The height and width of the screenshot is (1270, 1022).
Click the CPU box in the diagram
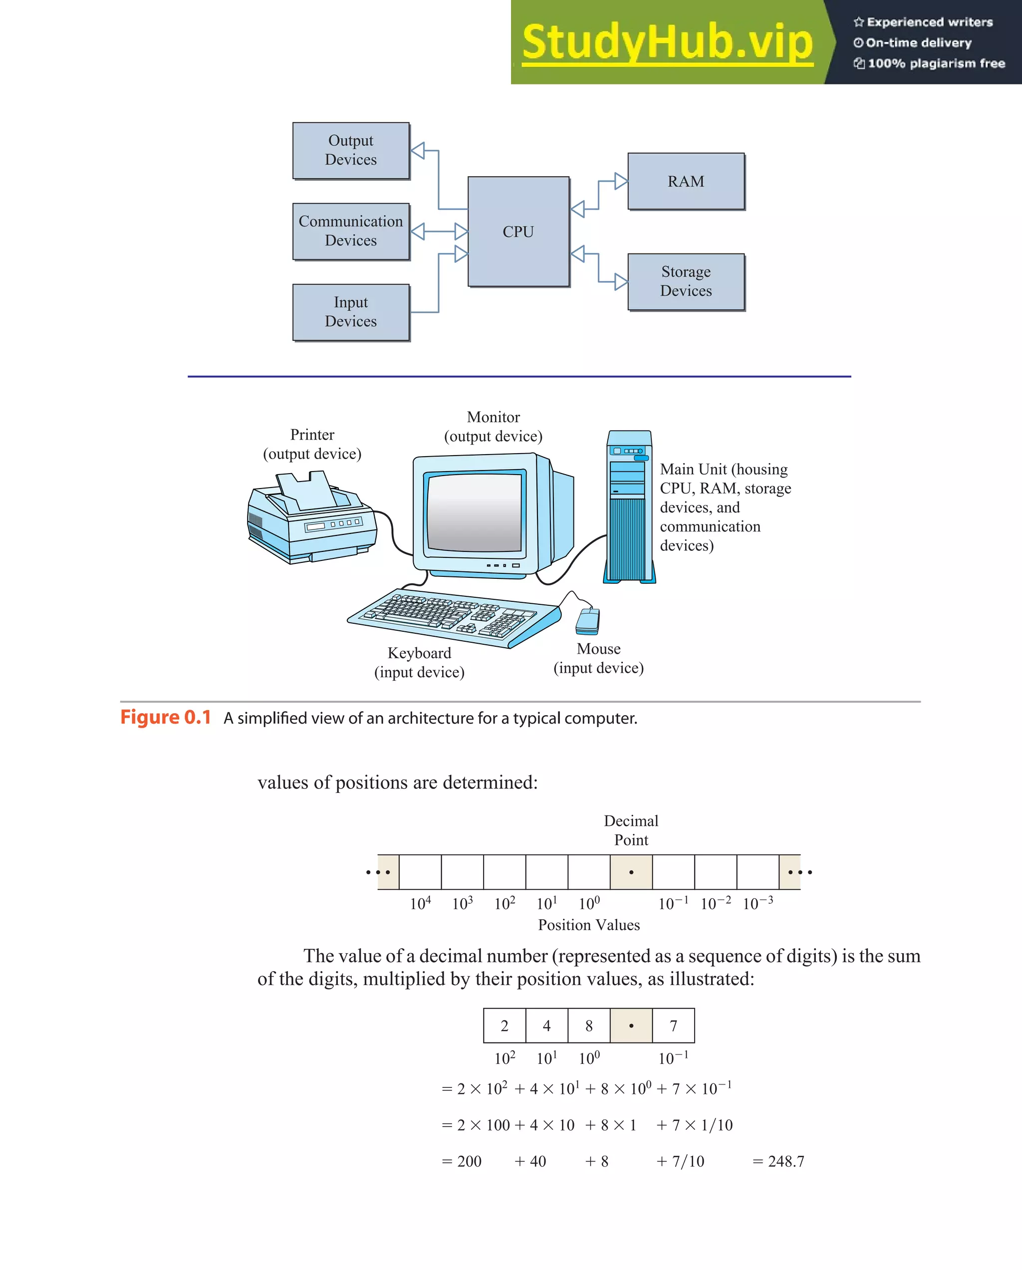[518, 232]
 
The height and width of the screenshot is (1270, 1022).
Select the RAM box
[686, 182]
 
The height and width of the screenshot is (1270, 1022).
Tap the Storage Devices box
[686, 281]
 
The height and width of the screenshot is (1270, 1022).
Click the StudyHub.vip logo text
[667, 42]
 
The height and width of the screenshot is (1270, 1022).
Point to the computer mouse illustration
[588, 621]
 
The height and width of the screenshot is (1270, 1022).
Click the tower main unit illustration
[630, 507]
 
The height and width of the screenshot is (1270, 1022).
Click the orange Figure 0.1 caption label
[166, 718]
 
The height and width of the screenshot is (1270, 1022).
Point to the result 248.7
[786, 1161]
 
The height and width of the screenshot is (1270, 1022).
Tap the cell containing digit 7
[673, 1025]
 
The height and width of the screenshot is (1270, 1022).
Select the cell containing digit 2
[504, 1025]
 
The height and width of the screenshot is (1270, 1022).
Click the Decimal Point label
[631, 830]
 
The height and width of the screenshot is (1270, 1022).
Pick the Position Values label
[588, 925]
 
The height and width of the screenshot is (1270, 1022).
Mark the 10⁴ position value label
[420, 903]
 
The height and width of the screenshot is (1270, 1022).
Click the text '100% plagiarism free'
[936, 63]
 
